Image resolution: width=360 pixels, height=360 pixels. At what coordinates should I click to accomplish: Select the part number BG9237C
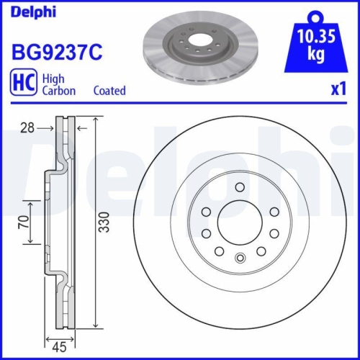56,52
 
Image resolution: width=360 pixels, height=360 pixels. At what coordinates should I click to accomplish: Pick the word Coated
109,91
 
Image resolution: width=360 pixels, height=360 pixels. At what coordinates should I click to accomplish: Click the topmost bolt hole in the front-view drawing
239,187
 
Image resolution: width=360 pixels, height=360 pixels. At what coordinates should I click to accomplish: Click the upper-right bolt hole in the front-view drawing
272,211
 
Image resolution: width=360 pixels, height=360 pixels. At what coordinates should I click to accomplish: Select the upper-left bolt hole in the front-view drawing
206,211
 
